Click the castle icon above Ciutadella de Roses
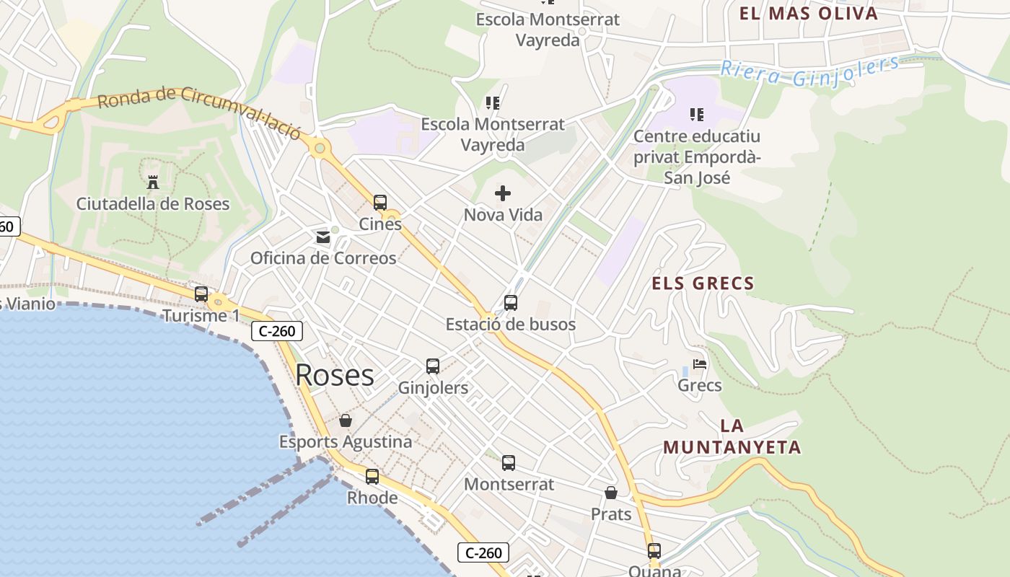coord(153,182)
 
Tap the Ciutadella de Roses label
coord(153,204)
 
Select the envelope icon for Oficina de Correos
coord(322,237)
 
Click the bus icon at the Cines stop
coord(380,203)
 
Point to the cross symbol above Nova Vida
coord(503,193)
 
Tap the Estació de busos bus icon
coord(511,303)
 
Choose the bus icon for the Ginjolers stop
coord(433,366)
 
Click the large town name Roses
coord(335,375)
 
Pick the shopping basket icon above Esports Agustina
coord(346,420)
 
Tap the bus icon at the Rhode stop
coord(372,477)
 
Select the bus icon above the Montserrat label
coord(509,463)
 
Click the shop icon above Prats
coord(611,493)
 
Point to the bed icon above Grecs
coord(699,364)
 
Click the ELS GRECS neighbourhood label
coord(703,283)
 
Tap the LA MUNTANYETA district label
coord(732,436)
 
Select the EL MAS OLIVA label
coord(809,13)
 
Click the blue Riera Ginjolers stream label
coord(810,72)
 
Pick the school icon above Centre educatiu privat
coord(696,114)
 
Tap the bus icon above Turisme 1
coord(201,294)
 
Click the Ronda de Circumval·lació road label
coord(198,109)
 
